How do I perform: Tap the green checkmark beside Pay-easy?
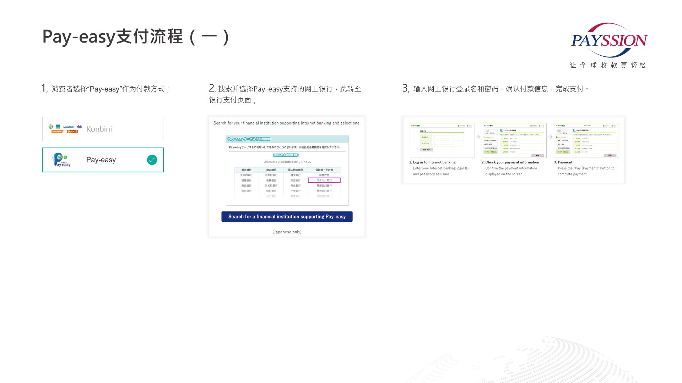click(152, 160)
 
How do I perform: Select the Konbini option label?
click(99, 129)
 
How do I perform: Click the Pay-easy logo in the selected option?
click(62, 160)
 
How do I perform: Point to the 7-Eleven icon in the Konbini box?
click(51, 127)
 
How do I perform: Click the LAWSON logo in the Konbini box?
click(69, 127)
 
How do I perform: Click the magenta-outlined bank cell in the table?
click(324, 180)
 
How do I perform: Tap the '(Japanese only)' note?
click(287, 232)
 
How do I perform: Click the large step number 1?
click(44, 88)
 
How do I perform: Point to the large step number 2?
click(212, 88)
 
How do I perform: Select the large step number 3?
click(405, 88)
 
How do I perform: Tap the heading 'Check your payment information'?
click(512, 162)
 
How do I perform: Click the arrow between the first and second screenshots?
click(478, 137)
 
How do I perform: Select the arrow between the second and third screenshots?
click(550, 137)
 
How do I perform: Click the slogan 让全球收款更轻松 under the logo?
click(608, 65)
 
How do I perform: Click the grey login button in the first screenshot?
click(426, 150)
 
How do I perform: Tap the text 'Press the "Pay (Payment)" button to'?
click(586, 168)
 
